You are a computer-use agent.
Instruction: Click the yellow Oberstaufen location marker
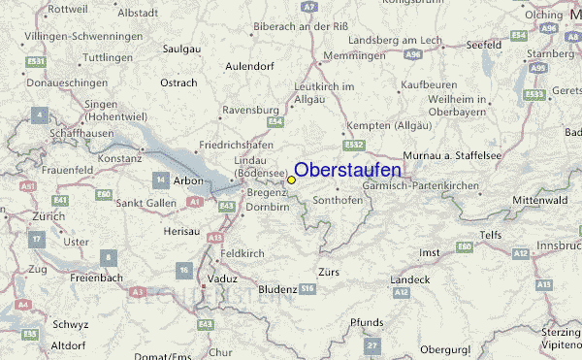(291, 180)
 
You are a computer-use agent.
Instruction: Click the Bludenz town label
(277, 289)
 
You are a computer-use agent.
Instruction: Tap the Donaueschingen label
(39, 83)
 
